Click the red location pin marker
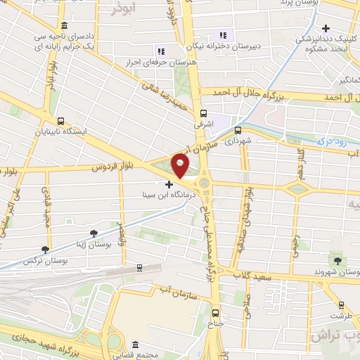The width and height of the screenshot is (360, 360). (x=181, y=167)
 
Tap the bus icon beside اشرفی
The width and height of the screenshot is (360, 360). (x=204, y=112)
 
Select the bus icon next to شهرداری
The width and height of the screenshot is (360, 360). (x=237, y=130)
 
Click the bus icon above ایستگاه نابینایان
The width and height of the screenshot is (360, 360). (x=60, y=121)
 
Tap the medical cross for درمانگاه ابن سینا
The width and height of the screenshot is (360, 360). (x=168, y=184)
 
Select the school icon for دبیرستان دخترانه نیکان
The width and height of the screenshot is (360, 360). (x=224, y=35)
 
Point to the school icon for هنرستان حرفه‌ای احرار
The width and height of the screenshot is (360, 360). (x=160, y=51)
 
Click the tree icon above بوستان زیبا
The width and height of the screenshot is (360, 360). (x=94, y=233)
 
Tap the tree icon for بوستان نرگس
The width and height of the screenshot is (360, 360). (x=46, y=249)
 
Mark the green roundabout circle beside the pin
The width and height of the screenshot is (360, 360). (x=205, y=184)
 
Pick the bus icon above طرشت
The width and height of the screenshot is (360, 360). (x=342, y=305)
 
